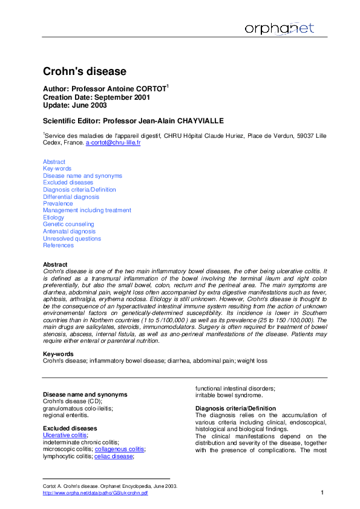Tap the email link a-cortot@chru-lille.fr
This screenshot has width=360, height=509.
point(113,143)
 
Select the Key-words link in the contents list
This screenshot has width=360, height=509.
point(57,169)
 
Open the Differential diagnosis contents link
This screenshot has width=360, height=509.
point(71,196)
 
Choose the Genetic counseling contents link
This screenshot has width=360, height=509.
point(68,224)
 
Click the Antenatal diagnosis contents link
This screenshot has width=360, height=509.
point(69,232)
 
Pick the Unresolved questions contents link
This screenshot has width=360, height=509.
point(72,238)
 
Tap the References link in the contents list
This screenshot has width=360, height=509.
point(58,245)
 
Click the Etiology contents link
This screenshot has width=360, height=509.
point(53,218)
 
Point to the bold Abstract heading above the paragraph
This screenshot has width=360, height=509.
point(54,265)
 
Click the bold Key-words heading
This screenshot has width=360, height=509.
point(58,354)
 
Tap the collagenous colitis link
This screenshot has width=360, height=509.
point(120,449)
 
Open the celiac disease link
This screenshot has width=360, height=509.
point(114,456)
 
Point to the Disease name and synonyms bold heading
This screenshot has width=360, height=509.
point(85,394)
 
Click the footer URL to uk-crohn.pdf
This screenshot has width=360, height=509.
point(95,493)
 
